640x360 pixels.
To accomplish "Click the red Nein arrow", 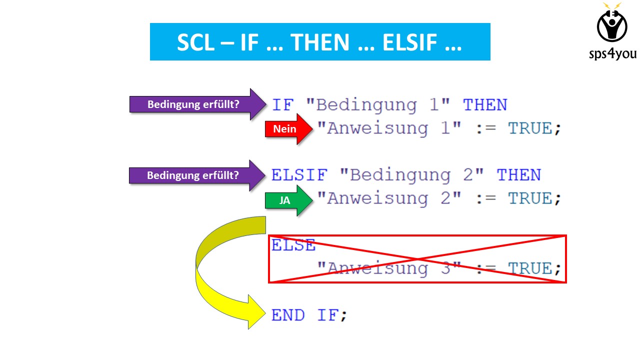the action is (288, 129).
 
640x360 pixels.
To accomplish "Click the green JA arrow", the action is (288, 200).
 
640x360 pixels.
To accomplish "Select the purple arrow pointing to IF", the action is (197, 104).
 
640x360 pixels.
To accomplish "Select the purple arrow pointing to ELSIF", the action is (197, 175).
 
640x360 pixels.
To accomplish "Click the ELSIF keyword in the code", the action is (299, 175).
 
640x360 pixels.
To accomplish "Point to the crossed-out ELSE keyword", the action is (293, 245).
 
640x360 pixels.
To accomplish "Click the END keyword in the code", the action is (288, 315).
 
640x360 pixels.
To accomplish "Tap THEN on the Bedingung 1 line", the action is (485, 105).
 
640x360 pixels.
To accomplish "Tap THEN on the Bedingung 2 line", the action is (519, 175).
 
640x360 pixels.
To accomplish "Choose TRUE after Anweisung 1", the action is (530, 128).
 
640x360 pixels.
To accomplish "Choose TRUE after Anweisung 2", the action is (530, 198).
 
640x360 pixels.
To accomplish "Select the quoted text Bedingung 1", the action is (378, 105).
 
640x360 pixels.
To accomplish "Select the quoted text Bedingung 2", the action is (411, 175).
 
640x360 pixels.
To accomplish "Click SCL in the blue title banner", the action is (195, 42).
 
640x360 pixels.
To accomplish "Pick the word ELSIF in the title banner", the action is (409, 42).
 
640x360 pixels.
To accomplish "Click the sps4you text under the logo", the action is (612, 53).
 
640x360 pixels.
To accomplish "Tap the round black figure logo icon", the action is (612, 25).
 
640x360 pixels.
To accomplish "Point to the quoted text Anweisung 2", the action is (389, 198).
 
